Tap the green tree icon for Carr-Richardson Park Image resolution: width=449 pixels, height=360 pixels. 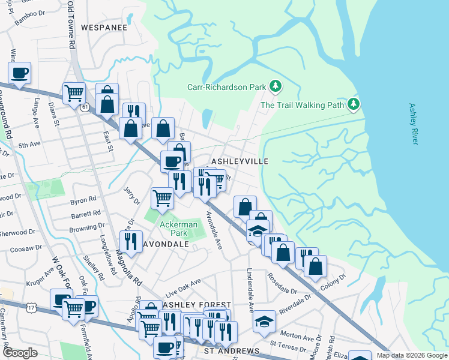click(x=276, y=86)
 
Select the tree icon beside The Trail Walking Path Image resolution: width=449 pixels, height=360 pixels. click(x=354, y=105)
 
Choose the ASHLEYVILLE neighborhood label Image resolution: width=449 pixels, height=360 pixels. click(x=239, y=161)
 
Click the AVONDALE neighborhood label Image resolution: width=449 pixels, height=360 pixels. click(x=166, y=244)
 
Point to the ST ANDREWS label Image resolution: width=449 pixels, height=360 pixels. click(x=232, y=351)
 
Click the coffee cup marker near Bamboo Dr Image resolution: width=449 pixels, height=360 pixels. click(x=20, y=74)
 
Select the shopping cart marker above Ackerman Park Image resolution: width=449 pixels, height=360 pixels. click(x=163, y=197)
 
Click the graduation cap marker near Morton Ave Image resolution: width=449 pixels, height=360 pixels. click(x=264, y=322)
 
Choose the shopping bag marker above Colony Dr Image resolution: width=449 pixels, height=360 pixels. click(x=315, y=265)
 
